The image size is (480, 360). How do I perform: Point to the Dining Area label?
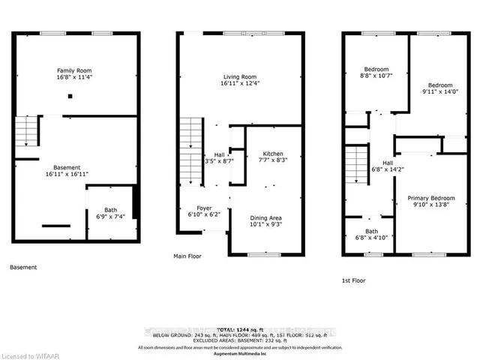pos(267,217)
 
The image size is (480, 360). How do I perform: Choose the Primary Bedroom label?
pos(430,198)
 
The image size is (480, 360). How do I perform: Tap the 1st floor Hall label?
pos(387,163)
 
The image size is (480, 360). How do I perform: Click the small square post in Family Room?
pos(70,96)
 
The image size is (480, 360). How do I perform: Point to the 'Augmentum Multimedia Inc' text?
pos(240,353)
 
